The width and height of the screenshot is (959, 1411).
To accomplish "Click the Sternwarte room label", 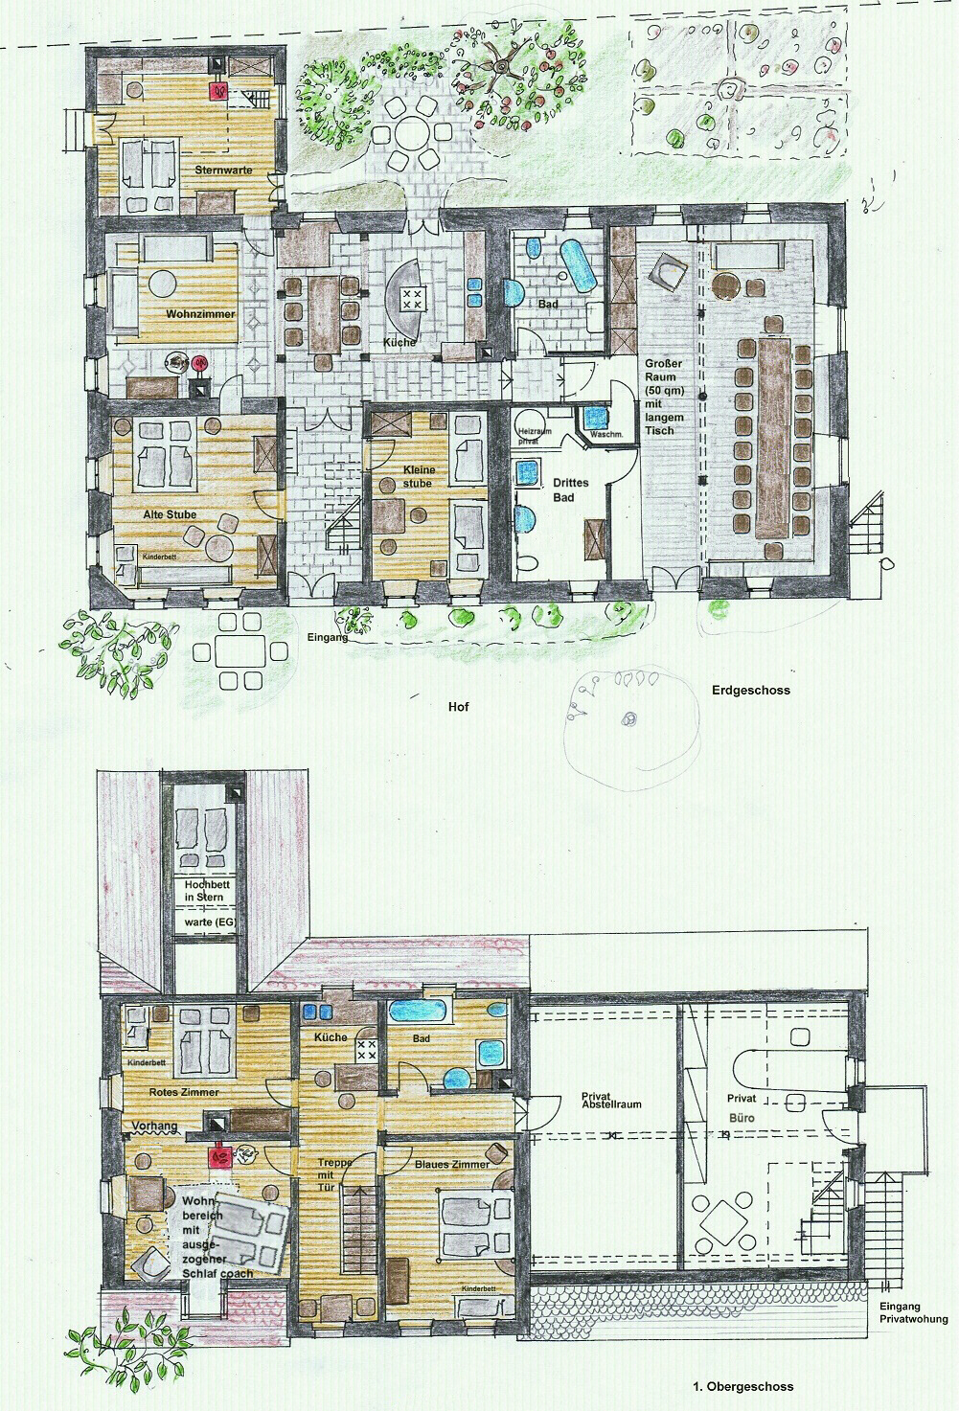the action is tap(223, 171).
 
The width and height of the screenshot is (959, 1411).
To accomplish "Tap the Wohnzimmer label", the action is tap(200, 313).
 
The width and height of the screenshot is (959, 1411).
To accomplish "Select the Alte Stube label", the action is tap(170, 514).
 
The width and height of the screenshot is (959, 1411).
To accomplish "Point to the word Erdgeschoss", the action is tap(751, 690).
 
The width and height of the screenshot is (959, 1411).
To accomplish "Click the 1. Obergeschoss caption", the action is tap(742, 1386).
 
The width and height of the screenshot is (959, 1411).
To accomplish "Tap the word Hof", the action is tap(459, 707).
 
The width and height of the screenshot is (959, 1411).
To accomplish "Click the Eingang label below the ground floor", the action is tap(328, 637).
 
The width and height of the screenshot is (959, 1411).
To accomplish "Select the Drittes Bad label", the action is tap(571, 490).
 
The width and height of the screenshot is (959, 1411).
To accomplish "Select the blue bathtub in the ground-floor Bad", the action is tap(580, 264).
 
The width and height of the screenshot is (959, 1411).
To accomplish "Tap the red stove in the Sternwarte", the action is tap(220, 91).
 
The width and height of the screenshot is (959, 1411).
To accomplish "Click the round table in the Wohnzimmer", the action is tap(162, 284).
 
